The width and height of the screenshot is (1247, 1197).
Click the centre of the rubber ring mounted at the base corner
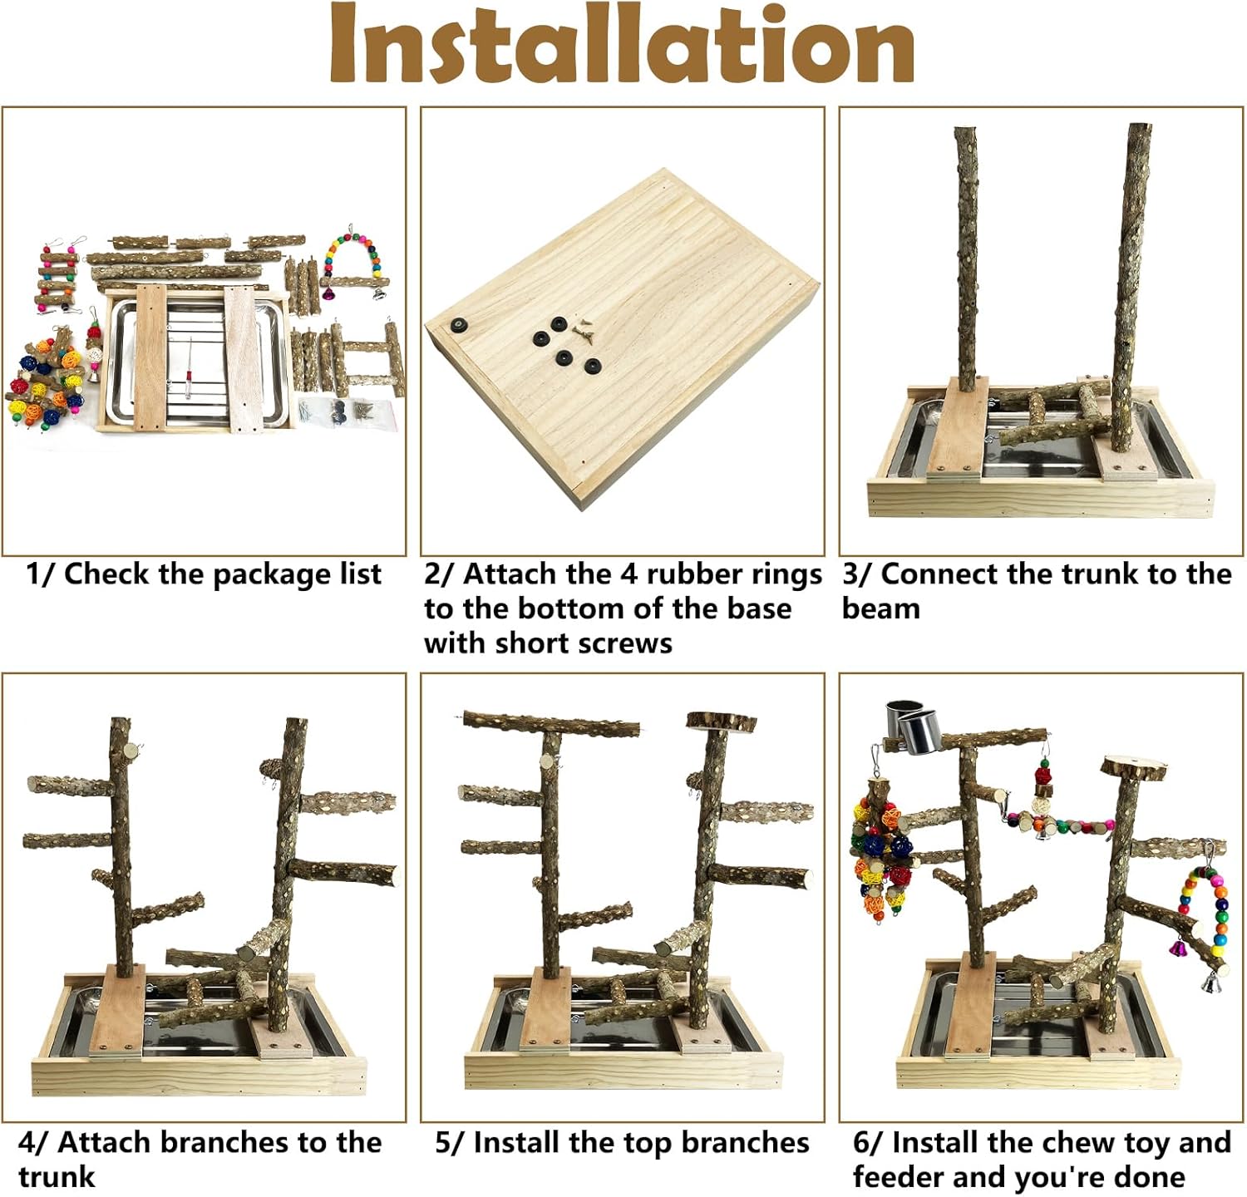click(x=456, y=324)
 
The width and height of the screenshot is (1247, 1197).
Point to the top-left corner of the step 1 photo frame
click(x=2, y=107)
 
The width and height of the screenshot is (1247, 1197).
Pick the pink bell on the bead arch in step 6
click(x=1178, y=946)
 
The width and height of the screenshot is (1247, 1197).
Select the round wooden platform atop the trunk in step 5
click(x=721, y=721)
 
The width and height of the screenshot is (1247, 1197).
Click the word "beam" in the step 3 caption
click(x=881, y=608)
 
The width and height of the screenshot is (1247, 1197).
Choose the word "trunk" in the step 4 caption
click(x=57, y=1177)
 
